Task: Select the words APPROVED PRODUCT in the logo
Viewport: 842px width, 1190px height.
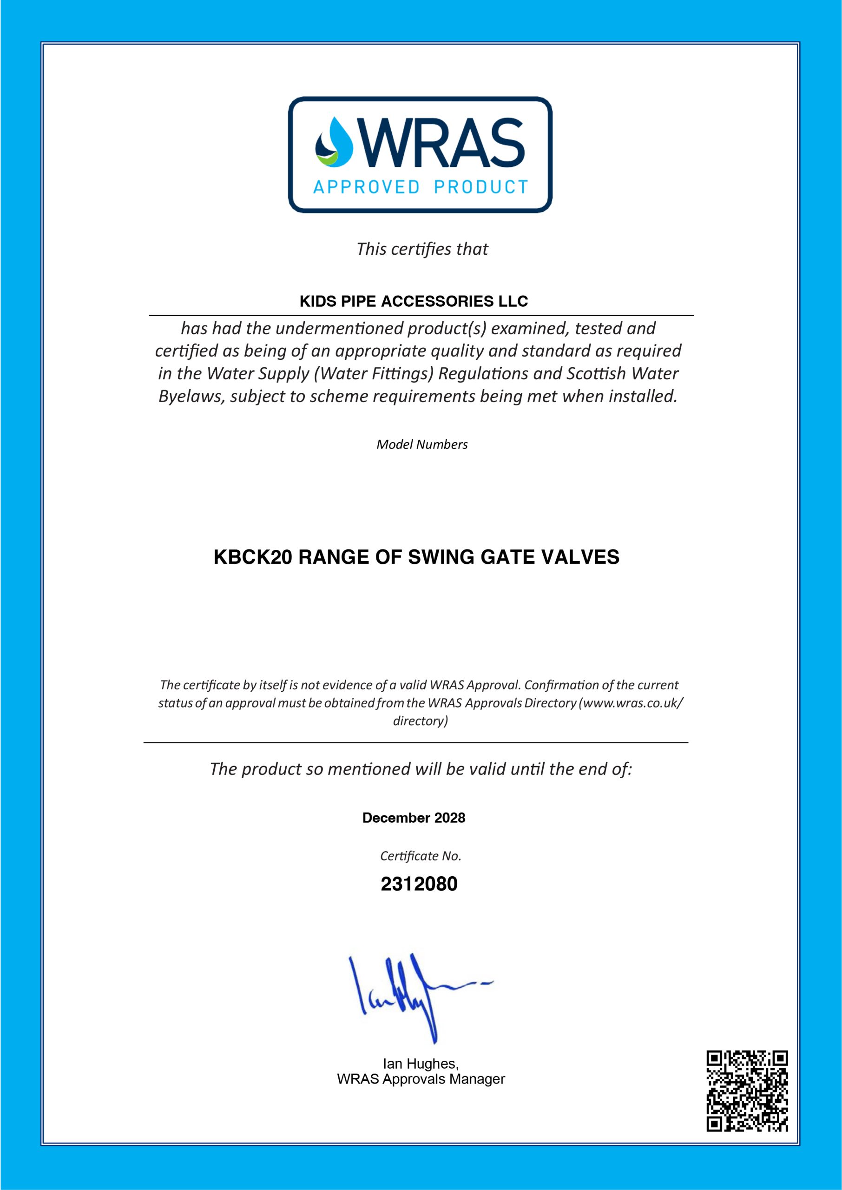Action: [421, 187]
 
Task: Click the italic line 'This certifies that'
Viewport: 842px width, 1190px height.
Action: [422, 250]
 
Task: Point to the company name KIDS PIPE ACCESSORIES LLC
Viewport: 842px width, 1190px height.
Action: [414, 301]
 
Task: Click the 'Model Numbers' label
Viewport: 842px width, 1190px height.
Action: [422, 444]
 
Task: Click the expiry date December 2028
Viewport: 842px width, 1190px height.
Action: [414, 818]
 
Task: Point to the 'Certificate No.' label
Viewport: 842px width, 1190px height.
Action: [421, 856]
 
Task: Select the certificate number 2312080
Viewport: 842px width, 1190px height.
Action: [419, 884]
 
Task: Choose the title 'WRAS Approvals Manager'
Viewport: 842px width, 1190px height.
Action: [421, 1079]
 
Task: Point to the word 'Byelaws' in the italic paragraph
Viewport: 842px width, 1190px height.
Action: [192, 397]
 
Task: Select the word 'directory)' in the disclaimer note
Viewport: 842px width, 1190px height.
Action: [421, 721]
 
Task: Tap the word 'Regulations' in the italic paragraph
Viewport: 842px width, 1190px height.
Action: [483, 374]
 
